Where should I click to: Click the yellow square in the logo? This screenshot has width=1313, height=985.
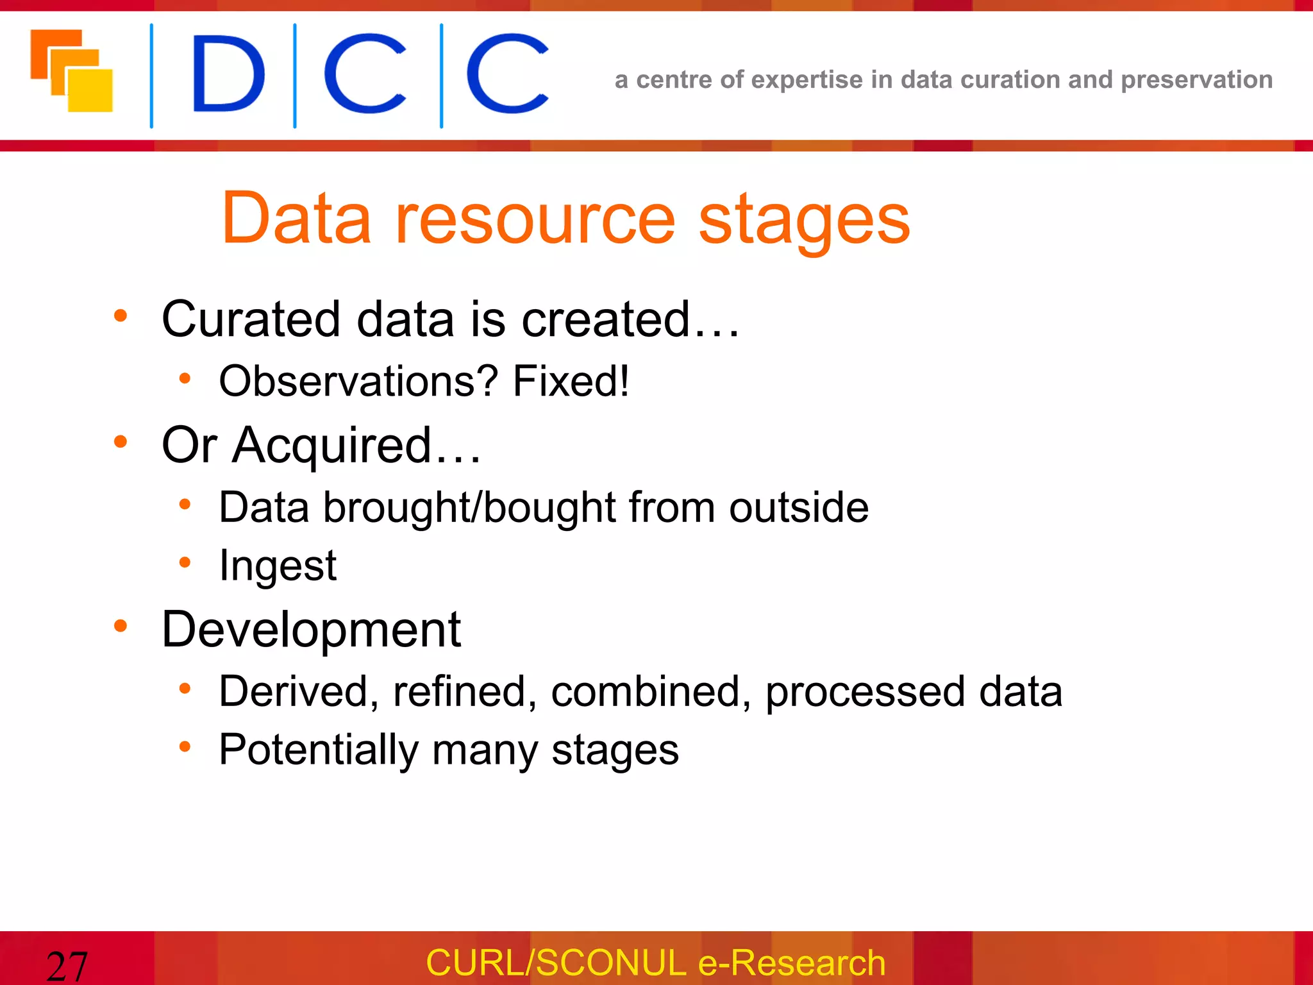click(91, 90)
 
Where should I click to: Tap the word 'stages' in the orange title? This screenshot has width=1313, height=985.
click(803, 219)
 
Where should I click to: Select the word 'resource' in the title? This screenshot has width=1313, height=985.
click(535, 219)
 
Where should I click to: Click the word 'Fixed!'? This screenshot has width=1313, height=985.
click(571, 382)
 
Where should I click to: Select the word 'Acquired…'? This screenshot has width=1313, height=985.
click(356, 446)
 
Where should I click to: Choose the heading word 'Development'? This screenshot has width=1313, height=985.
click(311, 630)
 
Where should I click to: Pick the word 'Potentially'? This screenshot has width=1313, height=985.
click(319, 750)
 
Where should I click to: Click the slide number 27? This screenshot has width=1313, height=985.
click(67, 966)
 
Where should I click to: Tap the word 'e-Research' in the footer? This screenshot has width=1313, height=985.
click(791, 963)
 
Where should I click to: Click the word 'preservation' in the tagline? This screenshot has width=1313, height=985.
click(1196, 80)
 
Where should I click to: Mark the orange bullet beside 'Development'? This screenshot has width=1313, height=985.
click(121, 626)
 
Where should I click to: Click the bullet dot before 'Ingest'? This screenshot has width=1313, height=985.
click(185, 563)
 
